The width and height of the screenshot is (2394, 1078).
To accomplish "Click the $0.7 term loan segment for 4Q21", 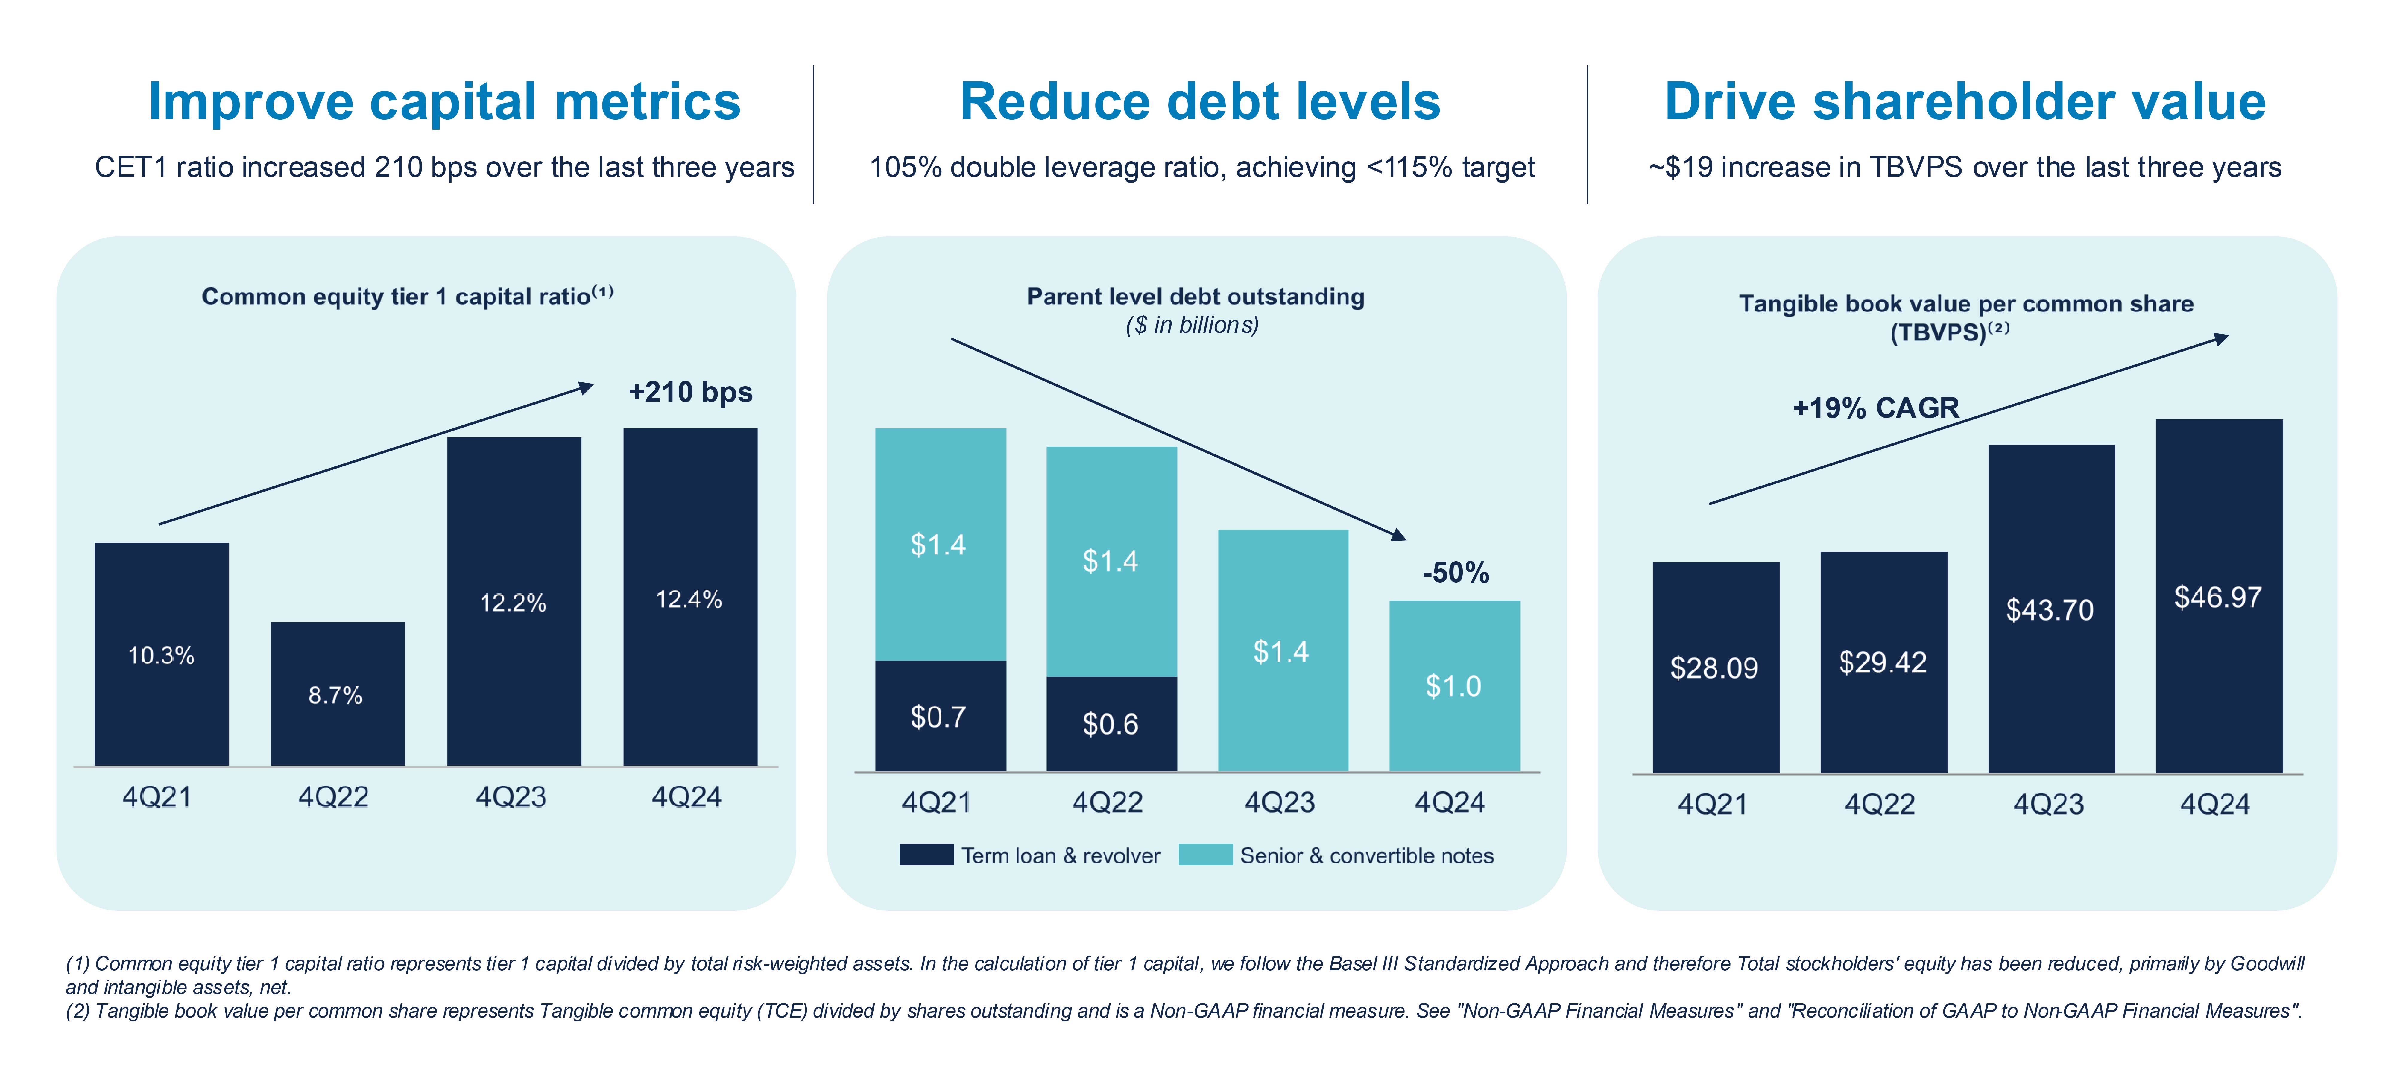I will pyautogui.click(x=940, y=716).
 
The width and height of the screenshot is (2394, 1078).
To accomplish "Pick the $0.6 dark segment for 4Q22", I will pyautogui.click(x=1111, y=723).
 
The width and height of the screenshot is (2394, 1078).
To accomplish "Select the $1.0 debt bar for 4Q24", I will pyautogui.click(x=1453, y=686).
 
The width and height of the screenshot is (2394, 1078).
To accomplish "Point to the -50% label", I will pyautogui.click(x=1455, y=572).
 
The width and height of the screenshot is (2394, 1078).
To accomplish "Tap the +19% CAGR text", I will pyautogui.click(x=1875, y=408).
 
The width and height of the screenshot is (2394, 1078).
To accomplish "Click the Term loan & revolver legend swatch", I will pyautogui.click(x=926, y=855).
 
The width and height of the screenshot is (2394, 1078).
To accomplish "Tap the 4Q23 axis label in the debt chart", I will pyautogui.click(x=1280, y=802).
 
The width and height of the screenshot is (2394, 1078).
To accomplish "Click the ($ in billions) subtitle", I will pyautogui.click(x=1192, y=325).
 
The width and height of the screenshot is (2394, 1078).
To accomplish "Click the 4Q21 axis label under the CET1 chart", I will pyautogui.click(x=157, y=797).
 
